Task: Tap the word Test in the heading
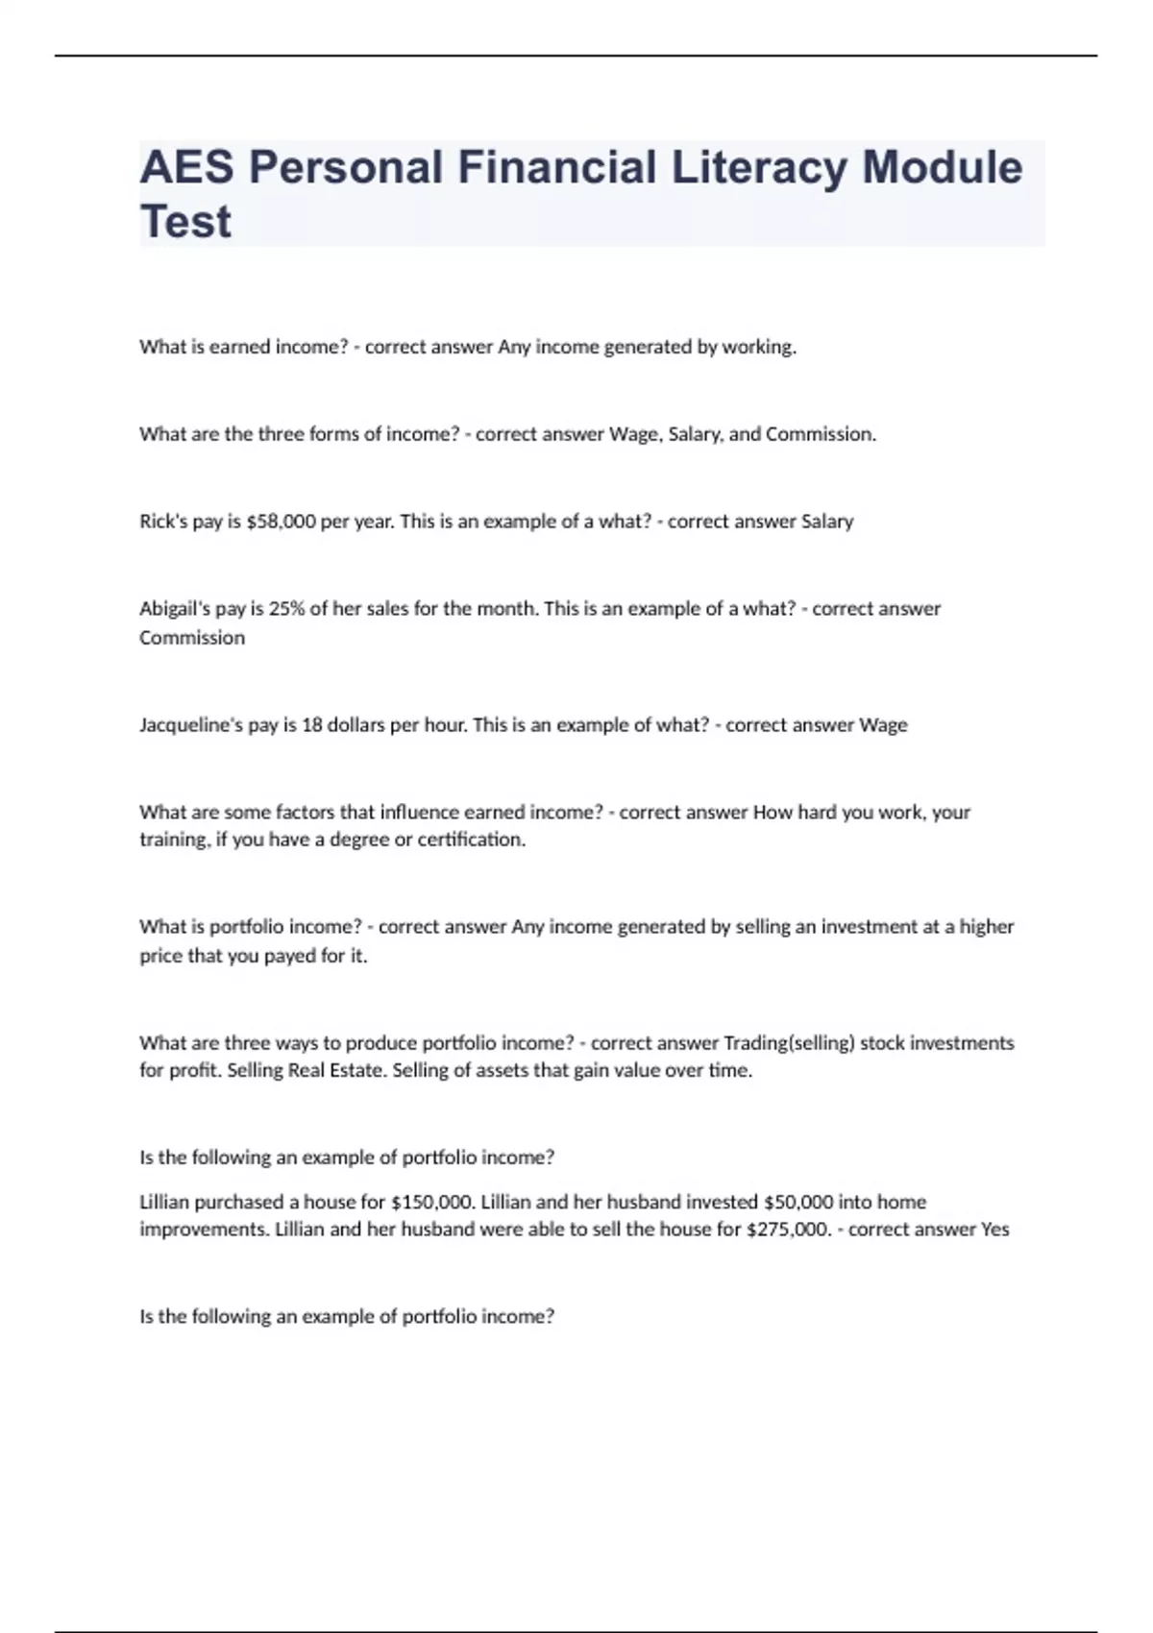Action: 185,222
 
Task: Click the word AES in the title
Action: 186,167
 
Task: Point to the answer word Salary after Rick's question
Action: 827,522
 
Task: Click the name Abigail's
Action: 178,609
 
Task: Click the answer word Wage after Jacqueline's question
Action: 883,725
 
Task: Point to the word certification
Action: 472,841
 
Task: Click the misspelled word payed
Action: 289,957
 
